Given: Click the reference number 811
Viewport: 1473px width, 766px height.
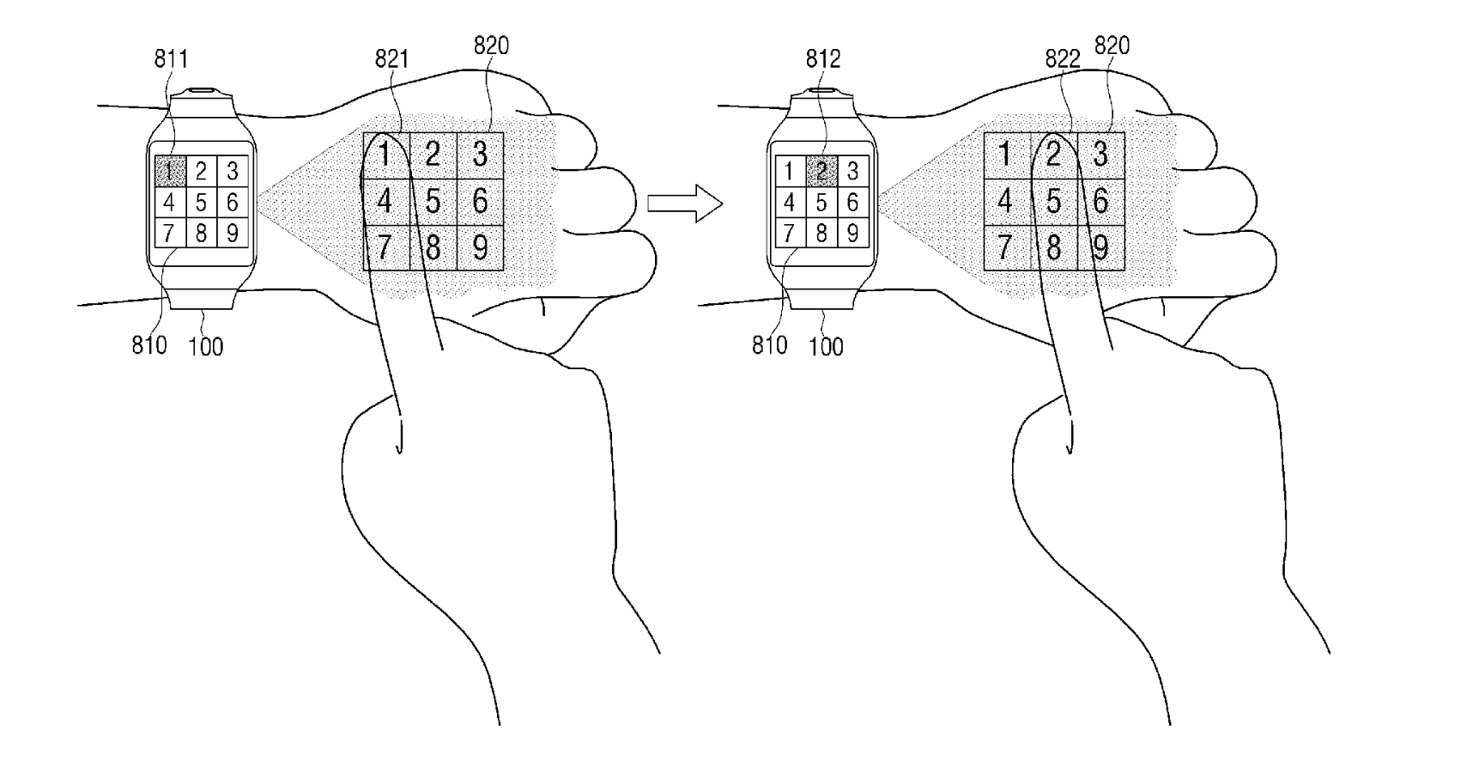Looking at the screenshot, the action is [171, 58].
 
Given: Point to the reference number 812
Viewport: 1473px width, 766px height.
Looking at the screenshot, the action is [823, 58].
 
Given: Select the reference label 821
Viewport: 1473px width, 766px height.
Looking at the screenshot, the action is [391, 58].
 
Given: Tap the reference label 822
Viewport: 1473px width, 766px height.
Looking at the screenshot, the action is [1062, 58].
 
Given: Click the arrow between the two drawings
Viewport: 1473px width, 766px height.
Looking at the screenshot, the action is [685, 203].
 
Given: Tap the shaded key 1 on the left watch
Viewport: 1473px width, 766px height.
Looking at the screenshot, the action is [170, 171].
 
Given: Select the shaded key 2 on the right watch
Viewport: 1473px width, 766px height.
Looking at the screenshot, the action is [821, 171].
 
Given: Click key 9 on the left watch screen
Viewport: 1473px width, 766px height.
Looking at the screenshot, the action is [232, 233].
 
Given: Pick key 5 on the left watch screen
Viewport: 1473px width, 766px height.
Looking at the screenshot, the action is [201, 203].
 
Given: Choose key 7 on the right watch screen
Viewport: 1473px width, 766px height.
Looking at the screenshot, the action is [790, 233].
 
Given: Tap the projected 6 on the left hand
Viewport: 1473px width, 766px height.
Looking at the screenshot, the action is [480, 201].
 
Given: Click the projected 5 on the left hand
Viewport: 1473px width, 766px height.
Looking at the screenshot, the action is [433, 201].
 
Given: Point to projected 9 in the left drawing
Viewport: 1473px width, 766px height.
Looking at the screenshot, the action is [480, 247].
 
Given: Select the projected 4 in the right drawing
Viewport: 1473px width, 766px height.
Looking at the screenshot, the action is [1005, 201].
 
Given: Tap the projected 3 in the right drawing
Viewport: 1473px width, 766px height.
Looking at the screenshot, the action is [1100, 155].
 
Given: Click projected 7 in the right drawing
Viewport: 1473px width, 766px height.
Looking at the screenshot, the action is [1005, 247].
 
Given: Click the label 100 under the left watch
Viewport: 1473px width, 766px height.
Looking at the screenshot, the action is [205, 346].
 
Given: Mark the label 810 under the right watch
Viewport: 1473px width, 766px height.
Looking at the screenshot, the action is [769, 345].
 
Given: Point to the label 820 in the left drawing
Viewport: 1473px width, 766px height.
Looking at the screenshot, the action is [491, 46].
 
